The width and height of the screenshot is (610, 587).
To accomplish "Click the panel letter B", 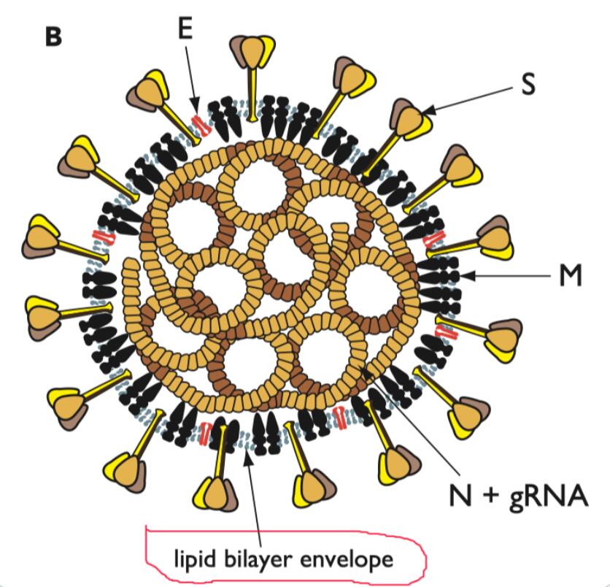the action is tap(53, 37).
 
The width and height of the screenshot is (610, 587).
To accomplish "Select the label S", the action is tap(528, 83).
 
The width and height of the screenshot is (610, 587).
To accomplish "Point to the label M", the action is tap(571, 275).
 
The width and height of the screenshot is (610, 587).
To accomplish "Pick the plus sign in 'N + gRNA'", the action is tap(490, 496).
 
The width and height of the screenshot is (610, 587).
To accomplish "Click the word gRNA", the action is tap(548, 496).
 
